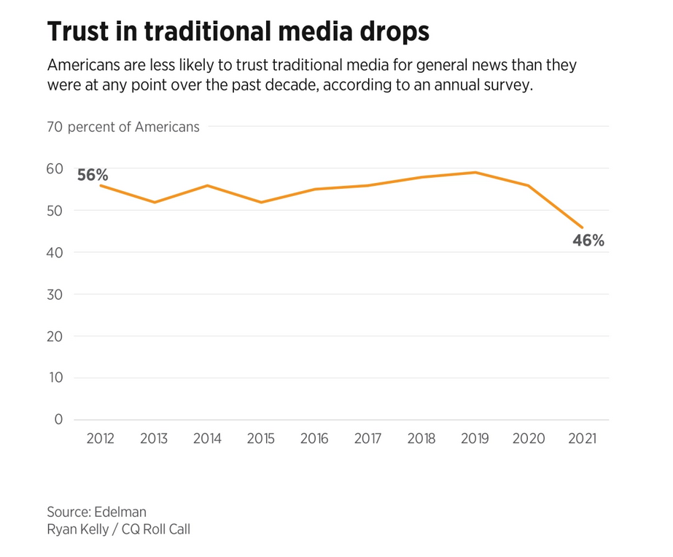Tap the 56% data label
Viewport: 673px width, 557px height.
pos(93,174)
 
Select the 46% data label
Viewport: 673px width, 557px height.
pos(588,240)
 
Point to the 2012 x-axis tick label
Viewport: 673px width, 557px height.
pos(100,439)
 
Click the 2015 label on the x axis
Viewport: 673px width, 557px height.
pos(260,439)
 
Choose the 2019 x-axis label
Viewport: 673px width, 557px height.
pos(475,439)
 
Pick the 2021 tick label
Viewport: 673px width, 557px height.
pos(583,439)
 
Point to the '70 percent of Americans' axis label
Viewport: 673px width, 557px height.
pos(123,127)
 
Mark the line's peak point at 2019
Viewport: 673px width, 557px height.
pos(475,173)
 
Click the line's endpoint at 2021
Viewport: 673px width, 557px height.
pos(583,227)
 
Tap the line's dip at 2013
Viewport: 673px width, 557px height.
pos(154,202)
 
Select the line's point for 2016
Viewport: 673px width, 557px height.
pos(314,190)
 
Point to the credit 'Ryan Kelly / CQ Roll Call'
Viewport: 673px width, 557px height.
pos(118,530)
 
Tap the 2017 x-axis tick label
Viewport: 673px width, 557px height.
pos(368,439)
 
